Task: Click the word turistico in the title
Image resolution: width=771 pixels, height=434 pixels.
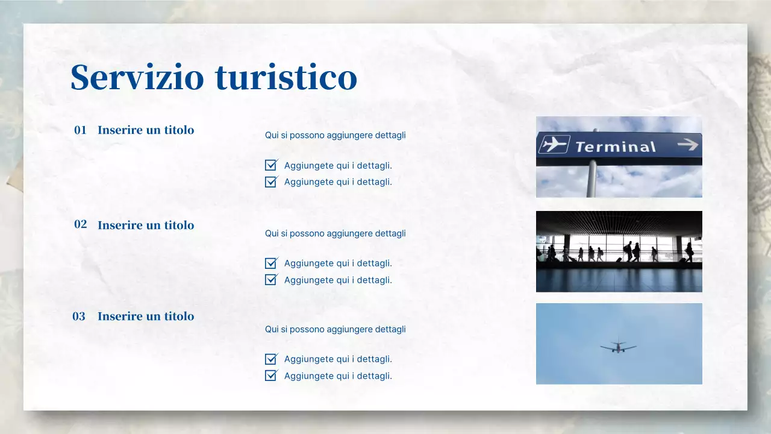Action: click(x=286, y=77)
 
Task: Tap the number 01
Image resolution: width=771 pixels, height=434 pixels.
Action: click(x=80, y=130)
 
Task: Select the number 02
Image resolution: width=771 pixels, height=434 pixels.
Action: click(x=80, y=224)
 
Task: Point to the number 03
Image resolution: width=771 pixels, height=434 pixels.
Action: click(x=79, y=316)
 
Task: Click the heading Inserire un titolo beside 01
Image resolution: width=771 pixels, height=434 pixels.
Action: click(x=146, y=130)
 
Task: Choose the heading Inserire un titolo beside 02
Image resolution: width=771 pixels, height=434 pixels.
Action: click(x=146, y=225)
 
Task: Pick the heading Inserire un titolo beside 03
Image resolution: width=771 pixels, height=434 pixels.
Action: click(x=146, y=316)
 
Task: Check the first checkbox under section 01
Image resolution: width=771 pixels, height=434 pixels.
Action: click(x=271, y=165)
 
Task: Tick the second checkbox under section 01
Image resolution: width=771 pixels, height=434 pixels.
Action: click(x=271, y=182)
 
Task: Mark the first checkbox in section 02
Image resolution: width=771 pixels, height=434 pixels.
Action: click(x=271, y=263)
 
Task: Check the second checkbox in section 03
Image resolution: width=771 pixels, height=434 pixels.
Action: click(x=271, y=376)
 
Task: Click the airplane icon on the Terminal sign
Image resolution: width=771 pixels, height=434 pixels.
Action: click(x=554, y=145)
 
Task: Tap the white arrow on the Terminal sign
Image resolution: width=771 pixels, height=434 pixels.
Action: click(x=687, y=144)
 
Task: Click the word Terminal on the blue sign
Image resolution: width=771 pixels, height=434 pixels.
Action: click(x=615, y=146)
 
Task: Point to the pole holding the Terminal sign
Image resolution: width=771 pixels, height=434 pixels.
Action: click(x=592, y=181)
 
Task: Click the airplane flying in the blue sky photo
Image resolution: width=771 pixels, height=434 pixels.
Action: click(x=618, y=347)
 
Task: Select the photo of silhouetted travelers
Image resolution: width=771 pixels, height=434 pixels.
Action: click(x=619, y=251)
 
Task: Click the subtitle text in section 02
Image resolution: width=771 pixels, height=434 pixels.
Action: click(x=335, y=233)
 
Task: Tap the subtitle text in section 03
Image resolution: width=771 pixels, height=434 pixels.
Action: click(x=335, y=329)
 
